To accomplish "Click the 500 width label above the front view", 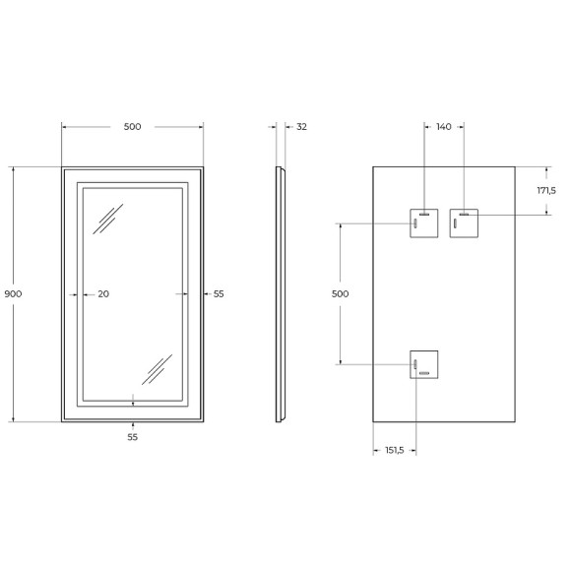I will tap(132, 127).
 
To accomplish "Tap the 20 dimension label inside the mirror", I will tap(103, 294).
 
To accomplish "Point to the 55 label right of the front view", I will tap(219, 294).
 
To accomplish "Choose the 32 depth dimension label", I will tap(301, 127).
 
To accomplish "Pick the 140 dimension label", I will tap(443, 127).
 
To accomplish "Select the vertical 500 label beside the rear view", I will tap(340, 294).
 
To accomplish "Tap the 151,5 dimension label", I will tap(394, 451).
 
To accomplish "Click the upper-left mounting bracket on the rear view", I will tap(424, 223).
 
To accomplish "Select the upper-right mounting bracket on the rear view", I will tap(462, 223).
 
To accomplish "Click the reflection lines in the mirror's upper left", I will tap(106, 219).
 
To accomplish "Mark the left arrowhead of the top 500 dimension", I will tap(65, 127).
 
